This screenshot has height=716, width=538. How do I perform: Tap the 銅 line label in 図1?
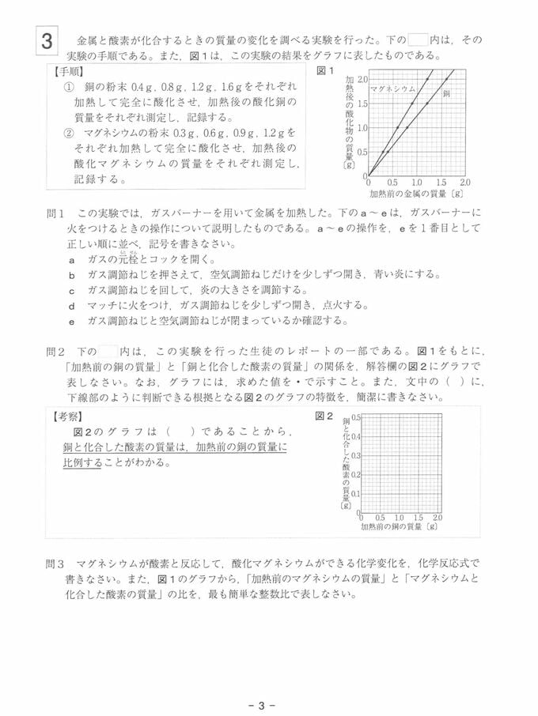[x=446, y=93]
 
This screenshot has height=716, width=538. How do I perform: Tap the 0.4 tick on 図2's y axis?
[x=356, y=436]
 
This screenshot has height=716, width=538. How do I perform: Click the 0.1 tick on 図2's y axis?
[x=356, y=493]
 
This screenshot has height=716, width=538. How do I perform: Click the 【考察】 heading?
[x=70, y=416]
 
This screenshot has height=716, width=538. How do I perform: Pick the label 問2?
[x=56, y=350]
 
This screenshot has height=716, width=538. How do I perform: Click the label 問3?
[x=56, y=564]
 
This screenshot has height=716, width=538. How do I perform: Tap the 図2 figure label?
[x=324, y=416]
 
